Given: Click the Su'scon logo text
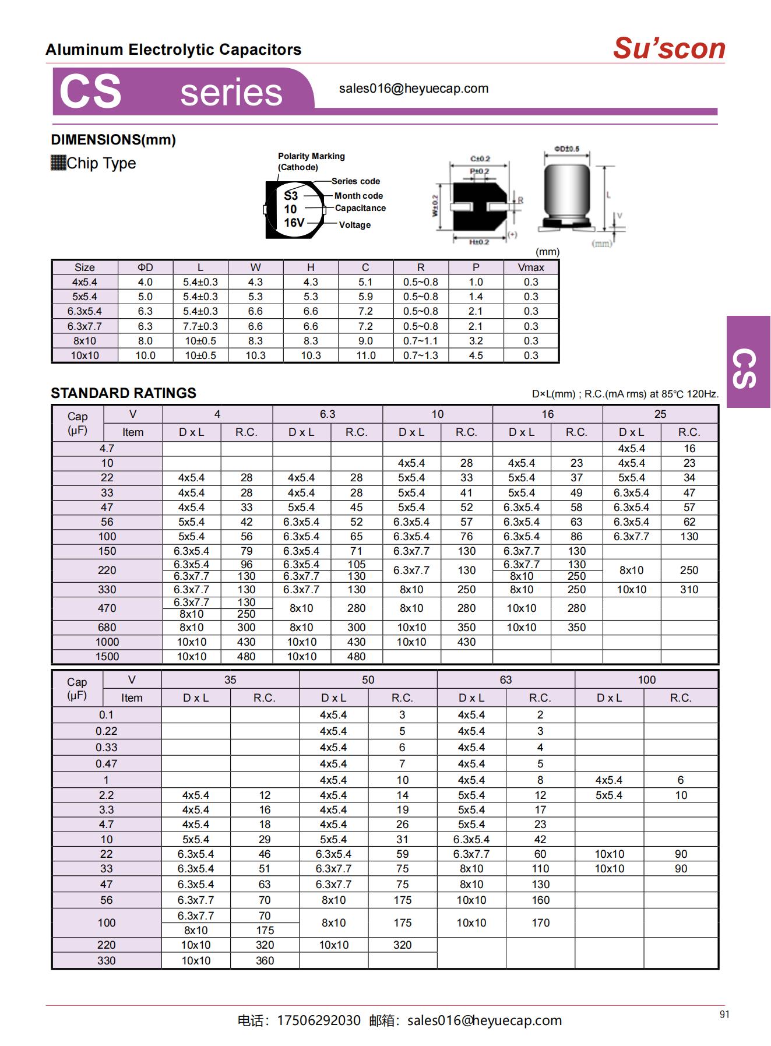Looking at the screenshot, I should pos(668,48).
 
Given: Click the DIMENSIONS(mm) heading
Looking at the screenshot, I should pos(113,140).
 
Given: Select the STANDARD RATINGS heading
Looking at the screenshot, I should pos(124,393).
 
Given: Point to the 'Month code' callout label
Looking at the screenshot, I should pos(358,196).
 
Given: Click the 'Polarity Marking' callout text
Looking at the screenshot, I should pos(311,156).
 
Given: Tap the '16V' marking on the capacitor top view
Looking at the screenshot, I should pos(294,223).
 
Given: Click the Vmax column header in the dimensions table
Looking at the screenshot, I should pos(531,267).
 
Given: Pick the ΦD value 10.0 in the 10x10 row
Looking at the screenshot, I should pos(145,355).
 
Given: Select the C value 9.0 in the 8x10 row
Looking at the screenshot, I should pos(365,341).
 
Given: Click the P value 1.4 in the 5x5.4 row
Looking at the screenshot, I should pos(476,297).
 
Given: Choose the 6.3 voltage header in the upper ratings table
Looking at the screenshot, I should pos(328,414).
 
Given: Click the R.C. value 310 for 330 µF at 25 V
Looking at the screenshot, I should pos(689,590).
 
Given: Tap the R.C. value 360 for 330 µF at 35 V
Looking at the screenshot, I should pos(265,960).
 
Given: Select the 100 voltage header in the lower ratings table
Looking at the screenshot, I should pos(646,680).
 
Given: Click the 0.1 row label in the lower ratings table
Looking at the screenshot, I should pos(106,715).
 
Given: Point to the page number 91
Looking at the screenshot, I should pos(724,1015).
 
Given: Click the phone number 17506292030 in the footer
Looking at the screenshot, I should pos(319,1020).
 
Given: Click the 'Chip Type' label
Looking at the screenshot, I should pos(101,163).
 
